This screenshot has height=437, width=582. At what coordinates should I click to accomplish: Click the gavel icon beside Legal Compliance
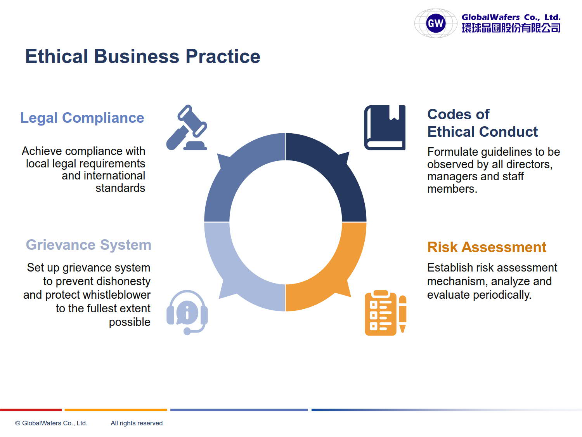click(187, 128)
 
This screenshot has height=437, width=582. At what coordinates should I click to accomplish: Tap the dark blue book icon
click(385, 128)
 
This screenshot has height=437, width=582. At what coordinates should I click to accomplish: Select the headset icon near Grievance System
click(187, 312)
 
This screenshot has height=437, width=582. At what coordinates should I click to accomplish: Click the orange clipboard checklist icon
click(381, 313)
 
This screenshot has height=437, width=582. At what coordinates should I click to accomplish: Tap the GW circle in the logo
click(436, 23)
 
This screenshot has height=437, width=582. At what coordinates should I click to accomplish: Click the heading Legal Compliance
click(82, 118)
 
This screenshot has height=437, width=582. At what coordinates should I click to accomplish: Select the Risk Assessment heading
click(487, 247)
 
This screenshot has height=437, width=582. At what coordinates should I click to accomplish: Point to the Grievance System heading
click(88, 245)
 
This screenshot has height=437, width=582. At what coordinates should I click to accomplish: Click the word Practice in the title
click(223, 56)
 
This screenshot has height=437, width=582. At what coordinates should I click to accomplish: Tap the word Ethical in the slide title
click(56, 56)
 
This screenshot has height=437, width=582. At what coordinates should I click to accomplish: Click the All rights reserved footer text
click(137, 423)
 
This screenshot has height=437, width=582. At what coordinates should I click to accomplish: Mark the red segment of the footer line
click(31, 410)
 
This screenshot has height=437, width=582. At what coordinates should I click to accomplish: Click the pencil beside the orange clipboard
click(402, 314)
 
